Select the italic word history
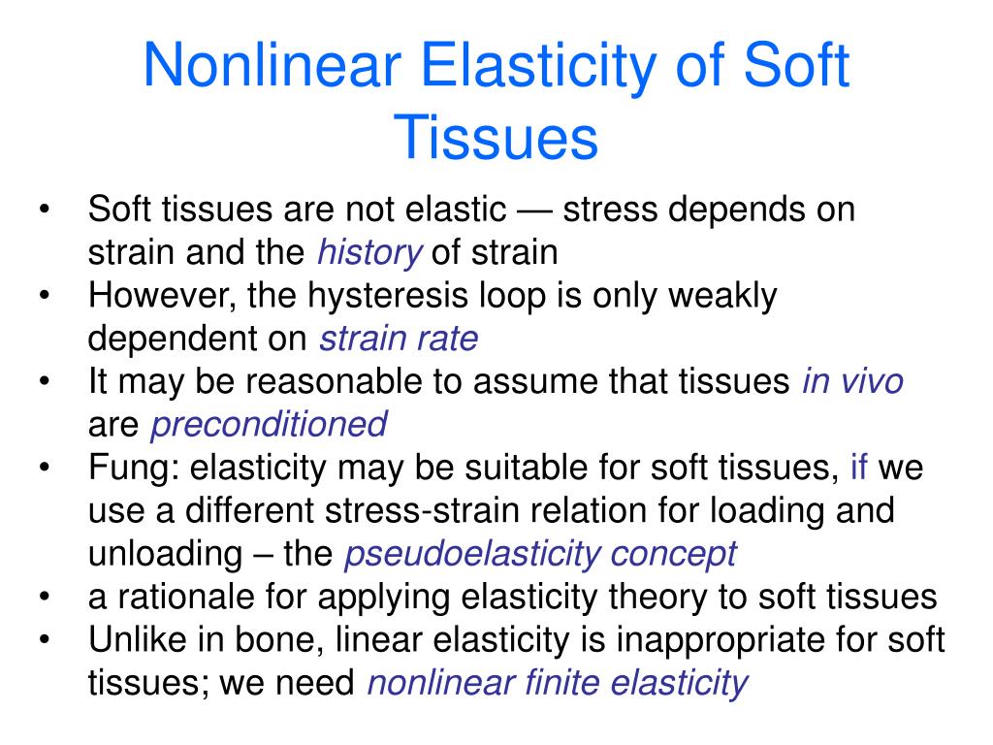point(369,253)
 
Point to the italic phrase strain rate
point(399,339)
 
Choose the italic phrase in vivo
point(852,381)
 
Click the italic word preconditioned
point(270,424)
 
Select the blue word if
point(859,468)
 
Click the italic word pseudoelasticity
point(472,554)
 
